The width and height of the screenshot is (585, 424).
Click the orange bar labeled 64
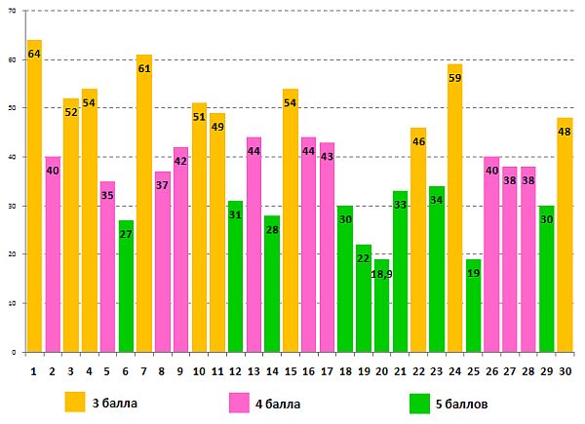(x=34, y=195)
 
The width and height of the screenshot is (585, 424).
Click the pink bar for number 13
(x=253, y=244)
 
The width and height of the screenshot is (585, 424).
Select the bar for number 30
(x=565, y=234)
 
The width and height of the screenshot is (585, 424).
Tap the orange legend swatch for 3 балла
(x=75, y=402)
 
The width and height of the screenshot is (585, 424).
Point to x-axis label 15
(x=290, y=370)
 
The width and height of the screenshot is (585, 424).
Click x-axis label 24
(x=454, y=370)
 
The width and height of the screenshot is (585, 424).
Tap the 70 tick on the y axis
(x=11, y=11)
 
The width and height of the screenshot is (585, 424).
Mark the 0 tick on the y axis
(x=14, y=352)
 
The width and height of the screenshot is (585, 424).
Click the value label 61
(x=144, y=69)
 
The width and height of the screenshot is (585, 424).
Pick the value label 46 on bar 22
(x=418, y=142)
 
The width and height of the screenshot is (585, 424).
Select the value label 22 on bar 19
(x=364, y=258)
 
